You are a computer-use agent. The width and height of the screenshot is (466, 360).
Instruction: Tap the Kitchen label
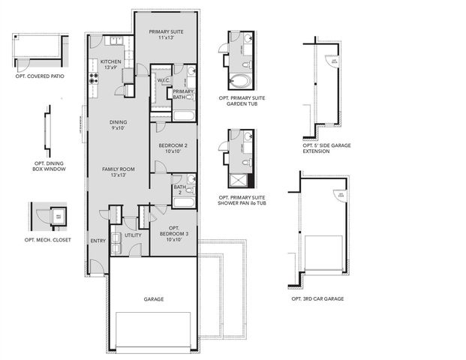(111, 64)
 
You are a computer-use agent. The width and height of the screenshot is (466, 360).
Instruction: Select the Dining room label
(118, 125)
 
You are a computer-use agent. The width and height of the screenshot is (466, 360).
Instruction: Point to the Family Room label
(118, 173)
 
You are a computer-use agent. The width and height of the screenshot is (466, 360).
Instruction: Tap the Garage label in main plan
(154, 298)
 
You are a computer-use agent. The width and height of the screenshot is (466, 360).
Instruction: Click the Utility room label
(133, 235)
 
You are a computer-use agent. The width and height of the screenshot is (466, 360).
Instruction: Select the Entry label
(98, 241)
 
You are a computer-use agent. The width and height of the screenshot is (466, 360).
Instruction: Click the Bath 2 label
(179, 190)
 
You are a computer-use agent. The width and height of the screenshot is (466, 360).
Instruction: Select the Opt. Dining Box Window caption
(50, 166)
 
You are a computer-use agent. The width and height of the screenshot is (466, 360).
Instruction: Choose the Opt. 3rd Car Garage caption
(317, 298)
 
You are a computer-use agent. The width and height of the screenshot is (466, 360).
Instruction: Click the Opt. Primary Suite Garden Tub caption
(243, 101)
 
